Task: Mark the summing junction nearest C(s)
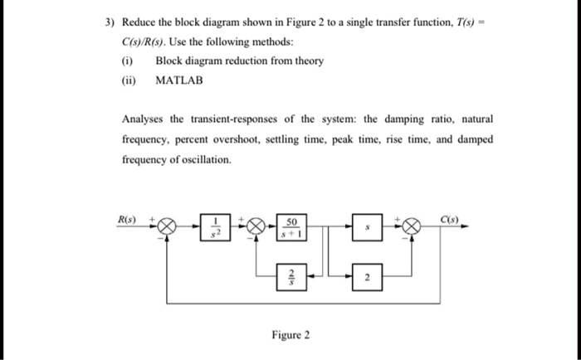413,226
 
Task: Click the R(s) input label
127,219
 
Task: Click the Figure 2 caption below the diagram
290,335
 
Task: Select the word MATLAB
178,80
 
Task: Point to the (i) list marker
127,61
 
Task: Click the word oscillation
204,159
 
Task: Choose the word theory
307,61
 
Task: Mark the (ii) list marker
129,80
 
